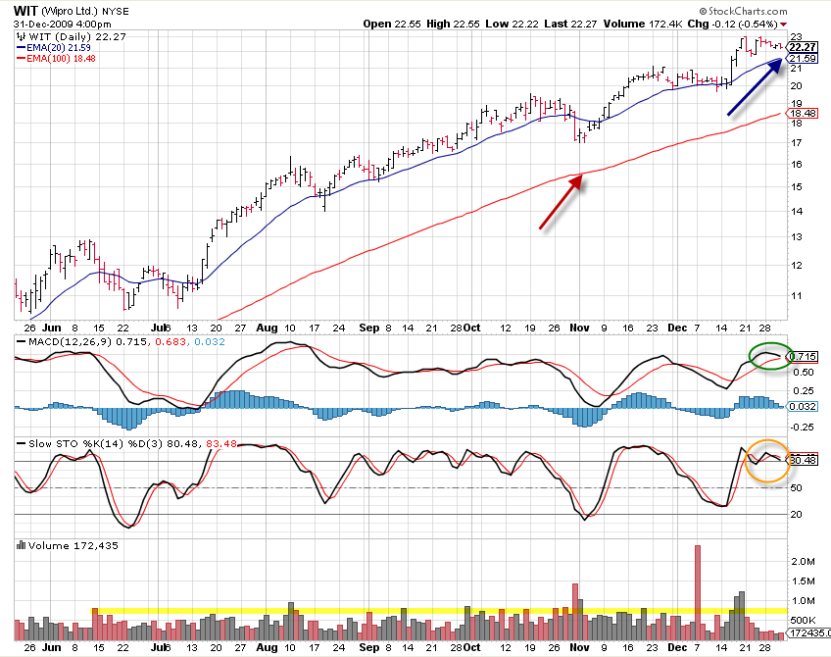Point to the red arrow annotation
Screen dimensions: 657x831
[562, 202]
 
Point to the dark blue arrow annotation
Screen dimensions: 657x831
[755, 87]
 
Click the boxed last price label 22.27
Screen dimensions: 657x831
[803, 47]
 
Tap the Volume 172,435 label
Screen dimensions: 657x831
[68, 545]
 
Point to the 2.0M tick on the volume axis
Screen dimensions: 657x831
[802, 561]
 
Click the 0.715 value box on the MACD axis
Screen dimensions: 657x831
[804, 356]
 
